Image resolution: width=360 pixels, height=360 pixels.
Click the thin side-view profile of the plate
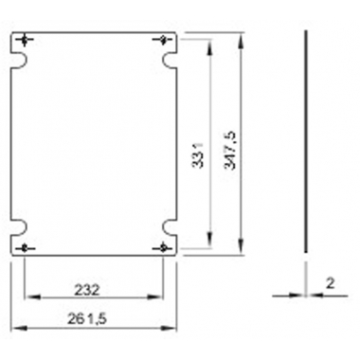306,142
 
